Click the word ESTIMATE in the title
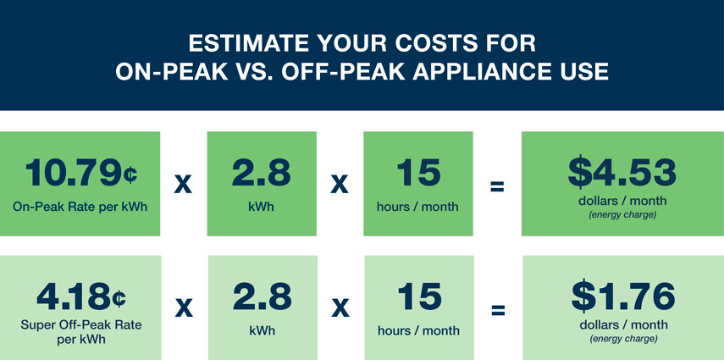tap(247, 44)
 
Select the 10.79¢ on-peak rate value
tap(80, 172)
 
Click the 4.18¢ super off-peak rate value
tap(81, 297)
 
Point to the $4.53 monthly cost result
tap(622, 172)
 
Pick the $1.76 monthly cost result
tap(623, 296)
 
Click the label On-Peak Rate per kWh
tap(80, 207)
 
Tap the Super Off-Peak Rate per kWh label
tap(81, 332)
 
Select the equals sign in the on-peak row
tap(497, 186)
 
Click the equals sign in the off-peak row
tap(498, 310)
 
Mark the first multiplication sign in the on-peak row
tap(183, 186)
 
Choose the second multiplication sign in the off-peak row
tap(340, 309)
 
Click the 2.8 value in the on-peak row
tap(262, 172)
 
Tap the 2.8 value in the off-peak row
tap(263, 297)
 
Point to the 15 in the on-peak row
tap(418, 172)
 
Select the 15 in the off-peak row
tap(419, 297)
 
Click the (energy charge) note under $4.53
tap(622, 215)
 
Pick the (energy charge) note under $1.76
tap(623, 339)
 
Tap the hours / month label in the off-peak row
tap(419, 330)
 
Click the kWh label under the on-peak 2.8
tap(262, 206)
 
